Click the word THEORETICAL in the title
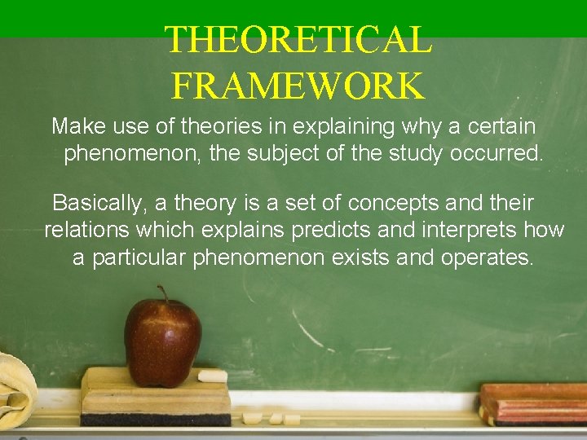click(298, 39)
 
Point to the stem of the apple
click(163, 293)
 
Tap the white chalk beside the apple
click(213, 376)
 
